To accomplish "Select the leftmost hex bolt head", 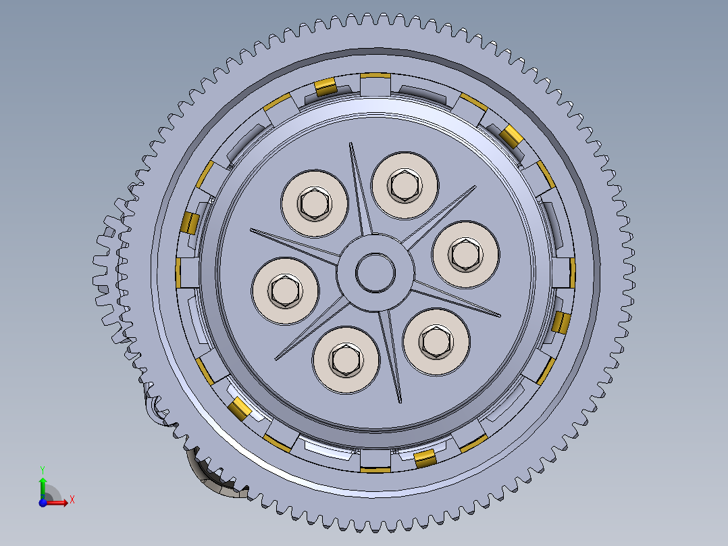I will click(284, 291).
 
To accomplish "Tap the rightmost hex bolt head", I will click(465, 253).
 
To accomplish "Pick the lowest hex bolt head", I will click(345, 359).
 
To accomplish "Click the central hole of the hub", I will click(375, 272).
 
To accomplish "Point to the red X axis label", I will click(72, 499).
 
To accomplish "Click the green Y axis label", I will click(42, 468).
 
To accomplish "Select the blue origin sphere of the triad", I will click(43, 503).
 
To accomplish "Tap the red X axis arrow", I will click(59, 502).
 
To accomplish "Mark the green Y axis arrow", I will click(43, 485).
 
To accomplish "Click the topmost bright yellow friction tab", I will click(326, 86).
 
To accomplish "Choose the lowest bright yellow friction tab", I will click(424, 460).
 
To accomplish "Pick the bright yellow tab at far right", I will click(561, 323).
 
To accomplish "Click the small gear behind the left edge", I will click(108, 270).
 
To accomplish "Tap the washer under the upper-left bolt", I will click(315, 203).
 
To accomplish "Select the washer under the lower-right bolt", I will click(436, 341).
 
